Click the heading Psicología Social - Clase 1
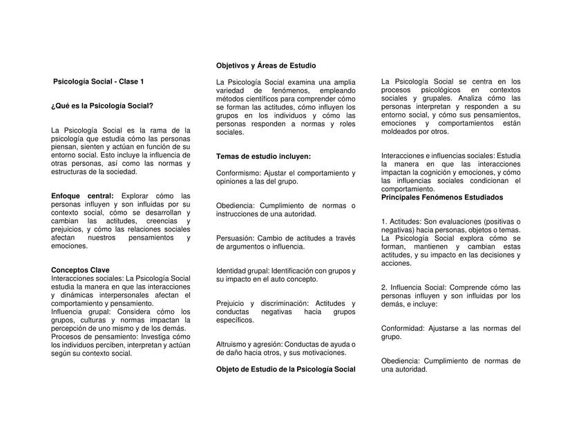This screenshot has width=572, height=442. (x=99, y=81)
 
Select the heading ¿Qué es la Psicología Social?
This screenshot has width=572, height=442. (x=102, y=105)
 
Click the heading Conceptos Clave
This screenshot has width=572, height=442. (x=80, y=270)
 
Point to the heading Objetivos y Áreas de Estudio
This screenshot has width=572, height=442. (x=266, y=65)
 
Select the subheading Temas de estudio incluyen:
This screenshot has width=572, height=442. (x=263, y=156)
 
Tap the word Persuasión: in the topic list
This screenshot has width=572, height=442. (x=236, y=238)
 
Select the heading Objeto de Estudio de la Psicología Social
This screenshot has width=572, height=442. (x=285, y=369)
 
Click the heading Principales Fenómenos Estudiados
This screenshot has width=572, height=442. (x=442, y=197)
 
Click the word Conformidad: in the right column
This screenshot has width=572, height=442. (x=403, y=329)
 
